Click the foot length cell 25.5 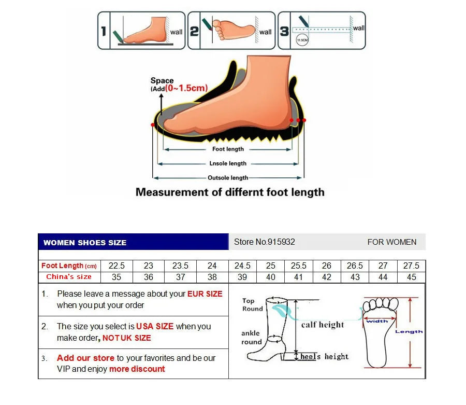point(299,266)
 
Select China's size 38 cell point(212,277)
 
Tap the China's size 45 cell point(411,277)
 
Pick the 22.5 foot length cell point(116,266)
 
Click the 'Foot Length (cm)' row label point(69,266)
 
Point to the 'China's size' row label point(69,277)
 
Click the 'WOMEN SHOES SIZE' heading point(85,242)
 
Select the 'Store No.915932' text point(265,242)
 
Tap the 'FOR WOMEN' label point(392,242)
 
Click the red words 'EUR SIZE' point(205,294)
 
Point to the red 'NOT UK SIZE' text point(127,338)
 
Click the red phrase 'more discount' point(137,369)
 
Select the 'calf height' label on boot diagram point(323,325)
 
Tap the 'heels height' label point(325,357)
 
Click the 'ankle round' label point(251,337)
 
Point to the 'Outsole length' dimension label point(228,178)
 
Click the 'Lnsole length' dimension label point(228,163)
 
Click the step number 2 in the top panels point(194,32)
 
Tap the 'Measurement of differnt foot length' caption point(230,192)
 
